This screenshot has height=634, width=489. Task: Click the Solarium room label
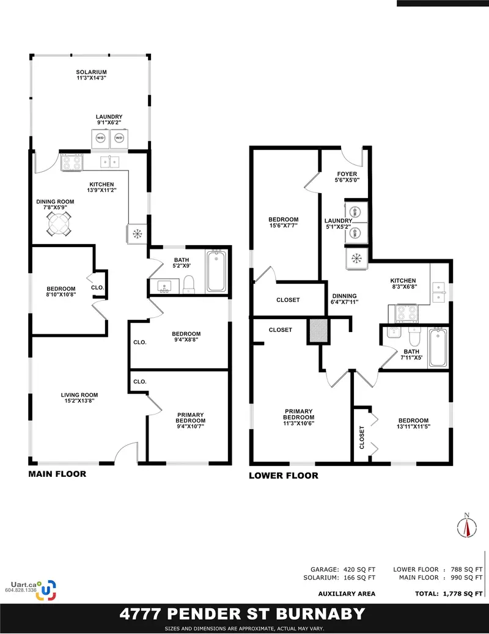click(x=92, y=76)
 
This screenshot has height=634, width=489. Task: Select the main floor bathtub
click(x=216, y=271)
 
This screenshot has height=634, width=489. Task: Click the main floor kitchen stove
click(x=72, y=162)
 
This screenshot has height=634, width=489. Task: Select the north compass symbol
click(x=466, y=526)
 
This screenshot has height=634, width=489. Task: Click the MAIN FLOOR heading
click(x=57, y=474)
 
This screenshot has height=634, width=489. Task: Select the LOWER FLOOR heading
click(x=283, y=475)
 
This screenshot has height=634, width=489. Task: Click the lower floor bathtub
click(x=438, y=348)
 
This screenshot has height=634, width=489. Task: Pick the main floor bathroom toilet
click(x=189, y=284)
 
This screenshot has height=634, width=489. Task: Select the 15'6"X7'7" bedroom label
click(x=283, y=223)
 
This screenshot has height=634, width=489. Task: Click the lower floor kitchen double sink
click(x=439, y=292)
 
